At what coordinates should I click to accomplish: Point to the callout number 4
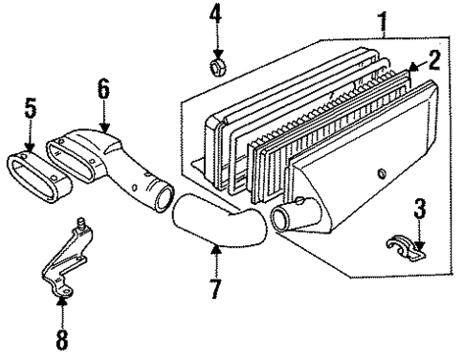click(x=215, y=14)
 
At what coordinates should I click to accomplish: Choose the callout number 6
click(x=104, y=94)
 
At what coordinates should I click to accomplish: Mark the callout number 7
click(x=217, y=287)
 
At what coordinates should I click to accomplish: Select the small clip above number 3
click(x=408, y=246)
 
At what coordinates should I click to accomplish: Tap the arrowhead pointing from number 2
click(x=410, y=70)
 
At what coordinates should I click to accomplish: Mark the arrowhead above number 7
click(x=215, y=251)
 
